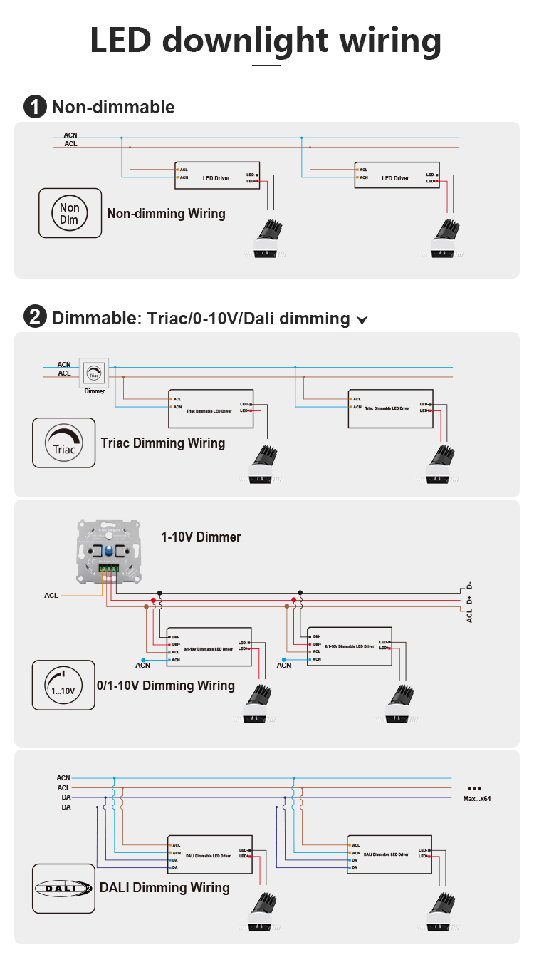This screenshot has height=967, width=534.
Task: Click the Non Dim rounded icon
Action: click(x=70, y=213)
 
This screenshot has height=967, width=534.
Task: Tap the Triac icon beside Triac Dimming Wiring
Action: click(x=63, y=443)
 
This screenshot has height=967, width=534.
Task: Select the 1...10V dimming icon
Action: click(x=63, y=685)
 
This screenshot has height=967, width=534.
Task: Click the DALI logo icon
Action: click(x=63, y=888)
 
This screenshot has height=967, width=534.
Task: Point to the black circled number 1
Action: click(x=35, y=107)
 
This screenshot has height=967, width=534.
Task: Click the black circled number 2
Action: click(x=35, y=317)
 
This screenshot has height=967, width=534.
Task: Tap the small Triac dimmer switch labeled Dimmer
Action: click(x=94, y=373)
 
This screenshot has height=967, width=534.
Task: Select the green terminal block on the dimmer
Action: click(x=108, y=568)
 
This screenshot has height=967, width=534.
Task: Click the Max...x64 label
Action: click(x=476, y=798)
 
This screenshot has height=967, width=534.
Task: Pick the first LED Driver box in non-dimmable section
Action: click(x=216, y=175)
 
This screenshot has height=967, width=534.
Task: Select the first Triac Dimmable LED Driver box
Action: click(x=211, y=408)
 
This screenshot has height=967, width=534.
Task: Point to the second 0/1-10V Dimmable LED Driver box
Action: click(x=349, y=646)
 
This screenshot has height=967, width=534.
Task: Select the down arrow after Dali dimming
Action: click(x=362, y=320)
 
